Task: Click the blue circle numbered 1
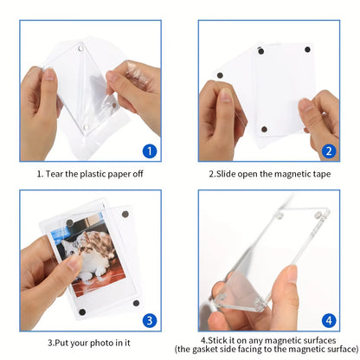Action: (x=149, y=151)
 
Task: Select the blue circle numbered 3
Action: (x=148, y=320)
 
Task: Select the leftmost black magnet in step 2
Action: (x=218, y=76)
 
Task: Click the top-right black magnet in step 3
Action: (x=126, y=214)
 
